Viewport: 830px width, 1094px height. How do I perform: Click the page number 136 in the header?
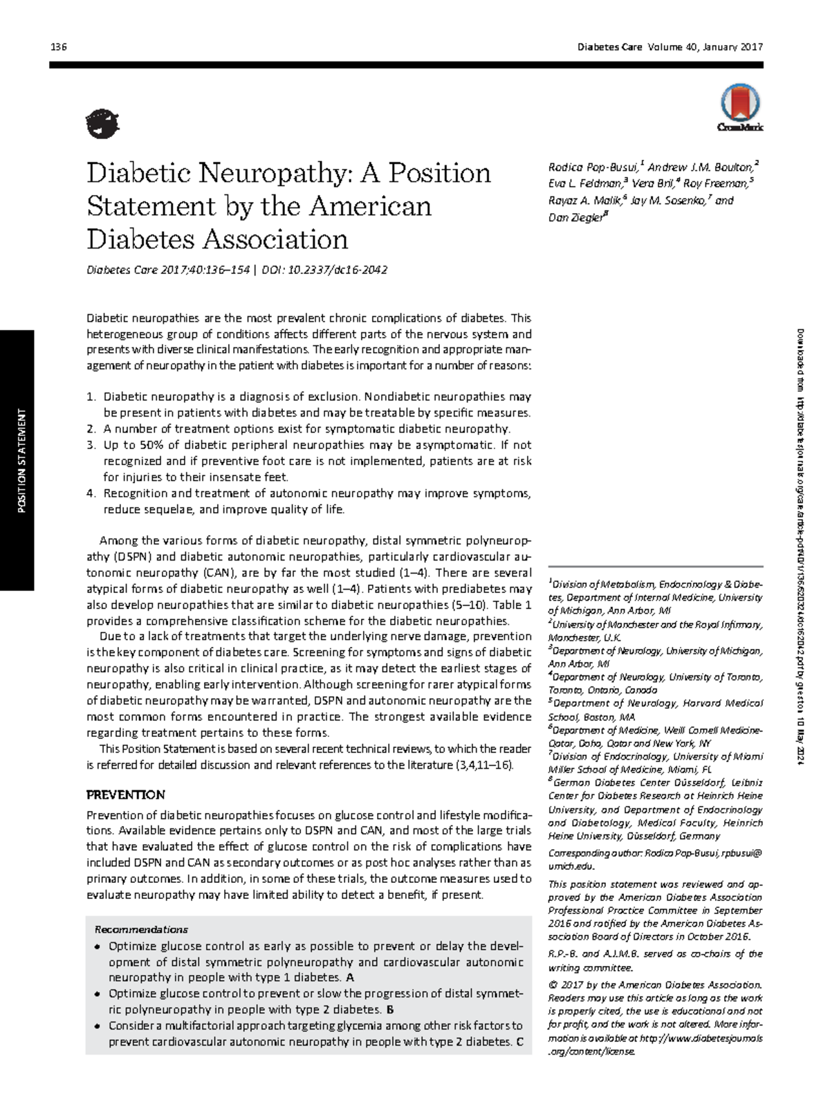click(x=58, y=47)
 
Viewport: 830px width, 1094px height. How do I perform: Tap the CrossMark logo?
click(x=739, y=108)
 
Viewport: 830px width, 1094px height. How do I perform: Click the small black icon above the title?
click(x=102, y=124)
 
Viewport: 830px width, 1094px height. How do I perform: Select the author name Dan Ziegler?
click(x=575, y=217)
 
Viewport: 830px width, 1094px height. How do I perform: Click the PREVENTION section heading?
click(x=125, y=794)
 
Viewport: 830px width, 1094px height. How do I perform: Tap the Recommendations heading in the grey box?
click(x=141, y=929)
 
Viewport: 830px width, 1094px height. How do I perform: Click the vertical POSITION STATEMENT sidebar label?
click(x=21, y=461)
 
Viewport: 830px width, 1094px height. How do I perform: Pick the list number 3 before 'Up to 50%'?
click(x=91, y=445)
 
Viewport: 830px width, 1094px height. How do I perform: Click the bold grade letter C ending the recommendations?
click(x=519, y=1041)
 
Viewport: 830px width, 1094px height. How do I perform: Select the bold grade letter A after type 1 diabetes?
click(x=350, y=978)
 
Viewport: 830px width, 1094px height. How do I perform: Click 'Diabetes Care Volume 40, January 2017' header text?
click(x=670, y=47)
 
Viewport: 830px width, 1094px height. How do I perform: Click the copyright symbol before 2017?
click(x=552, y=985)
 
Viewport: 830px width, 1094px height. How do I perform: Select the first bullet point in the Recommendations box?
click(x=98, y=947)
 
